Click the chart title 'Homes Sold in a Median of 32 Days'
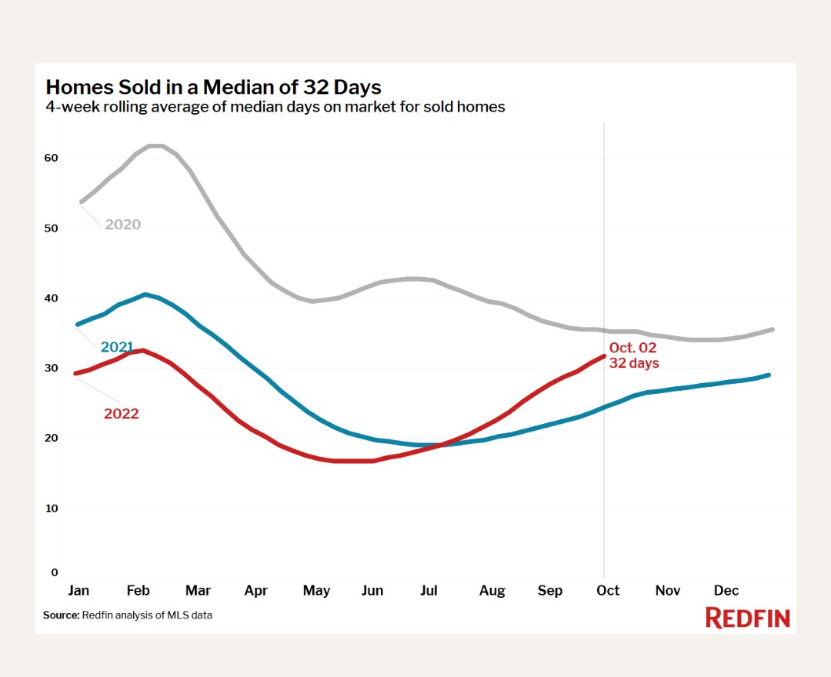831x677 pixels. click(x=213, y=86)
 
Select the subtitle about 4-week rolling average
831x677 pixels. click(x=275, y=107)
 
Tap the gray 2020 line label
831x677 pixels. click(x=123, y=225)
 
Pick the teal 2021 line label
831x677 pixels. click(x=117, y=347)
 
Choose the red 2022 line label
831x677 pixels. click(x=122, y=414)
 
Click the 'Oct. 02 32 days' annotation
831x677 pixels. click(x=634, y=355)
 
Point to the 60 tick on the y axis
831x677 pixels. click(x=51, y=158)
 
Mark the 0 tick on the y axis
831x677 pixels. click(x=55, y=572)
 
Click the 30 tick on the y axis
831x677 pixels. click(x=51, y=369)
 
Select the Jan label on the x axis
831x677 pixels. click(x=78, y=591)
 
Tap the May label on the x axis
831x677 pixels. click(x=316, y=591)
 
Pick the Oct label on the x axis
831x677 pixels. click(x=608, y=591)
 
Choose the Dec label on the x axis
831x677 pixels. click(x=726, y=591)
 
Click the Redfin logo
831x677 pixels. click(x=747, y=617)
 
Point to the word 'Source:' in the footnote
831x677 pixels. click(x=61, y=615)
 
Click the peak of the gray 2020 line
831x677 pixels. click(x=155, y=145)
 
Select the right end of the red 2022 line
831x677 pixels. click(x=604, y=355)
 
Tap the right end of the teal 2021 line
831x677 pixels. click(x=769, y=375)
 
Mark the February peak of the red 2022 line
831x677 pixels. click(x=142, y=350)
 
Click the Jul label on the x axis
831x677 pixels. click(x=429, y=591)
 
